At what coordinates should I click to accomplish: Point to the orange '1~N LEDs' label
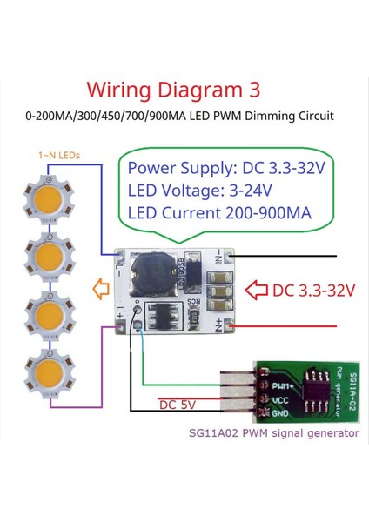[59, 155]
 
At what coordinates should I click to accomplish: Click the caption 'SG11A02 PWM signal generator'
[273, 432]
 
